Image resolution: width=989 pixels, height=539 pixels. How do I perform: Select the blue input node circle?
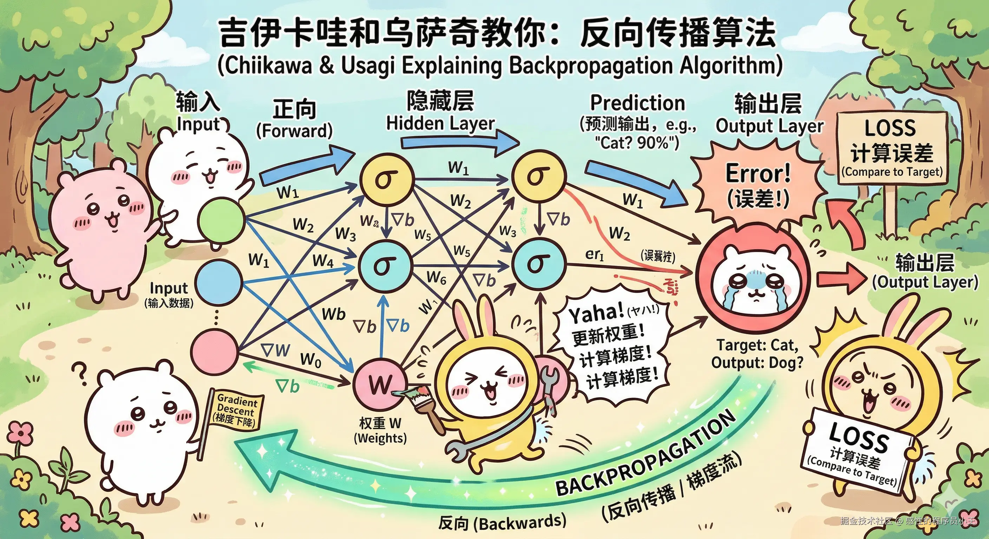(219, 281)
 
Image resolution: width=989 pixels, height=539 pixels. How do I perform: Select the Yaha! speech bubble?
(614, 345)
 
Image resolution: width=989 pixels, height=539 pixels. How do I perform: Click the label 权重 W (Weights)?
(380, 431)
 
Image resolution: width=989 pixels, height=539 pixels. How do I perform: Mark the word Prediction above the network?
(637, 103)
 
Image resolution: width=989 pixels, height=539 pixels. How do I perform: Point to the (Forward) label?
(294, 131)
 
